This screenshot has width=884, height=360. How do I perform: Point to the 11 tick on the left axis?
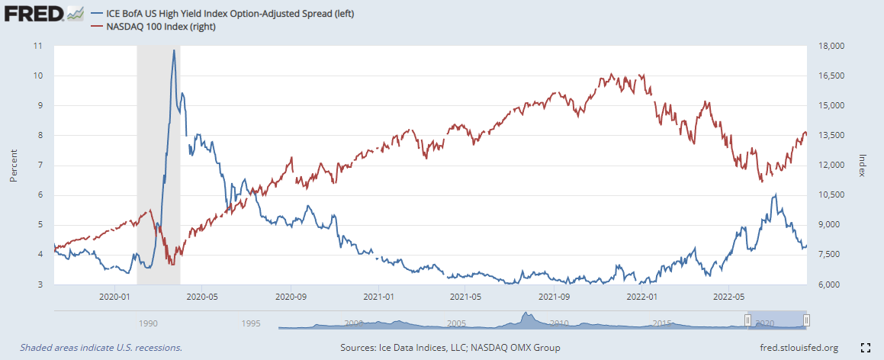(38, 46)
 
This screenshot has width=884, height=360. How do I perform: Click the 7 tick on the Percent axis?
(40, 165)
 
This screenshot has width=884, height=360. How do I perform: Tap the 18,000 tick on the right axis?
(828, 46)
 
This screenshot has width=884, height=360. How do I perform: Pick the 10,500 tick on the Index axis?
(828, 194)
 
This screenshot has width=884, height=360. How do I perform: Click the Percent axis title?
(13, 165)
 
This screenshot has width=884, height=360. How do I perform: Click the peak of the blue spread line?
(174, 51)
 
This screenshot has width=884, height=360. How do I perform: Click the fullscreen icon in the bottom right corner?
(865, 348)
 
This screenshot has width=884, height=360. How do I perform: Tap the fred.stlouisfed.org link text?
(796, 348)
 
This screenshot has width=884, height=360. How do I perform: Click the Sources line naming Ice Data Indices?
(450, 348)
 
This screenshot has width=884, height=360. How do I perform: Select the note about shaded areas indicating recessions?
(101, 348)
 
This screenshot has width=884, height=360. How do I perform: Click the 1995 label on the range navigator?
(251, 323)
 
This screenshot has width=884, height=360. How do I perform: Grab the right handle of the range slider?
(806, 320)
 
